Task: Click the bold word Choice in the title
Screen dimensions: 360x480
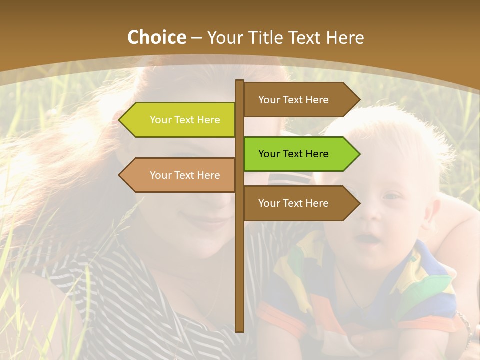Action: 156,37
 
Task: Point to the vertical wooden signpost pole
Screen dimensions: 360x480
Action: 240,260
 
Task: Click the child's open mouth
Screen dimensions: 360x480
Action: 368,239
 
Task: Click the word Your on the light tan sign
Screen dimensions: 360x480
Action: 160,175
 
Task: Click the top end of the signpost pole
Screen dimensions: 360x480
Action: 240,82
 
